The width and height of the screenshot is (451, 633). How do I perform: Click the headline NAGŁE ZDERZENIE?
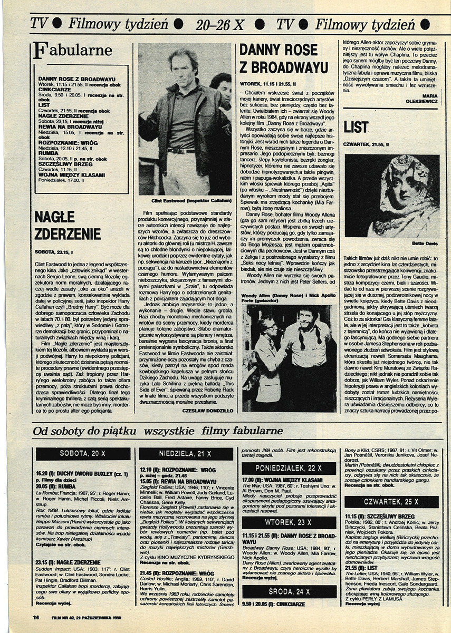67,226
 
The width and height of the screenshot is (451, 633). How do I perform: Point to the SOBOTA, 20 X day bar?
82,453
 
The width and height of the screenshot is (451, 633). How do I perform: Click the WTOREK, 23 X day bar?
289,522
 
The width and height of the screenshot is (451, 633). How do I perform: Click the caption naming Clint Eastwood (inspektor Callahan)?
185,201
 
